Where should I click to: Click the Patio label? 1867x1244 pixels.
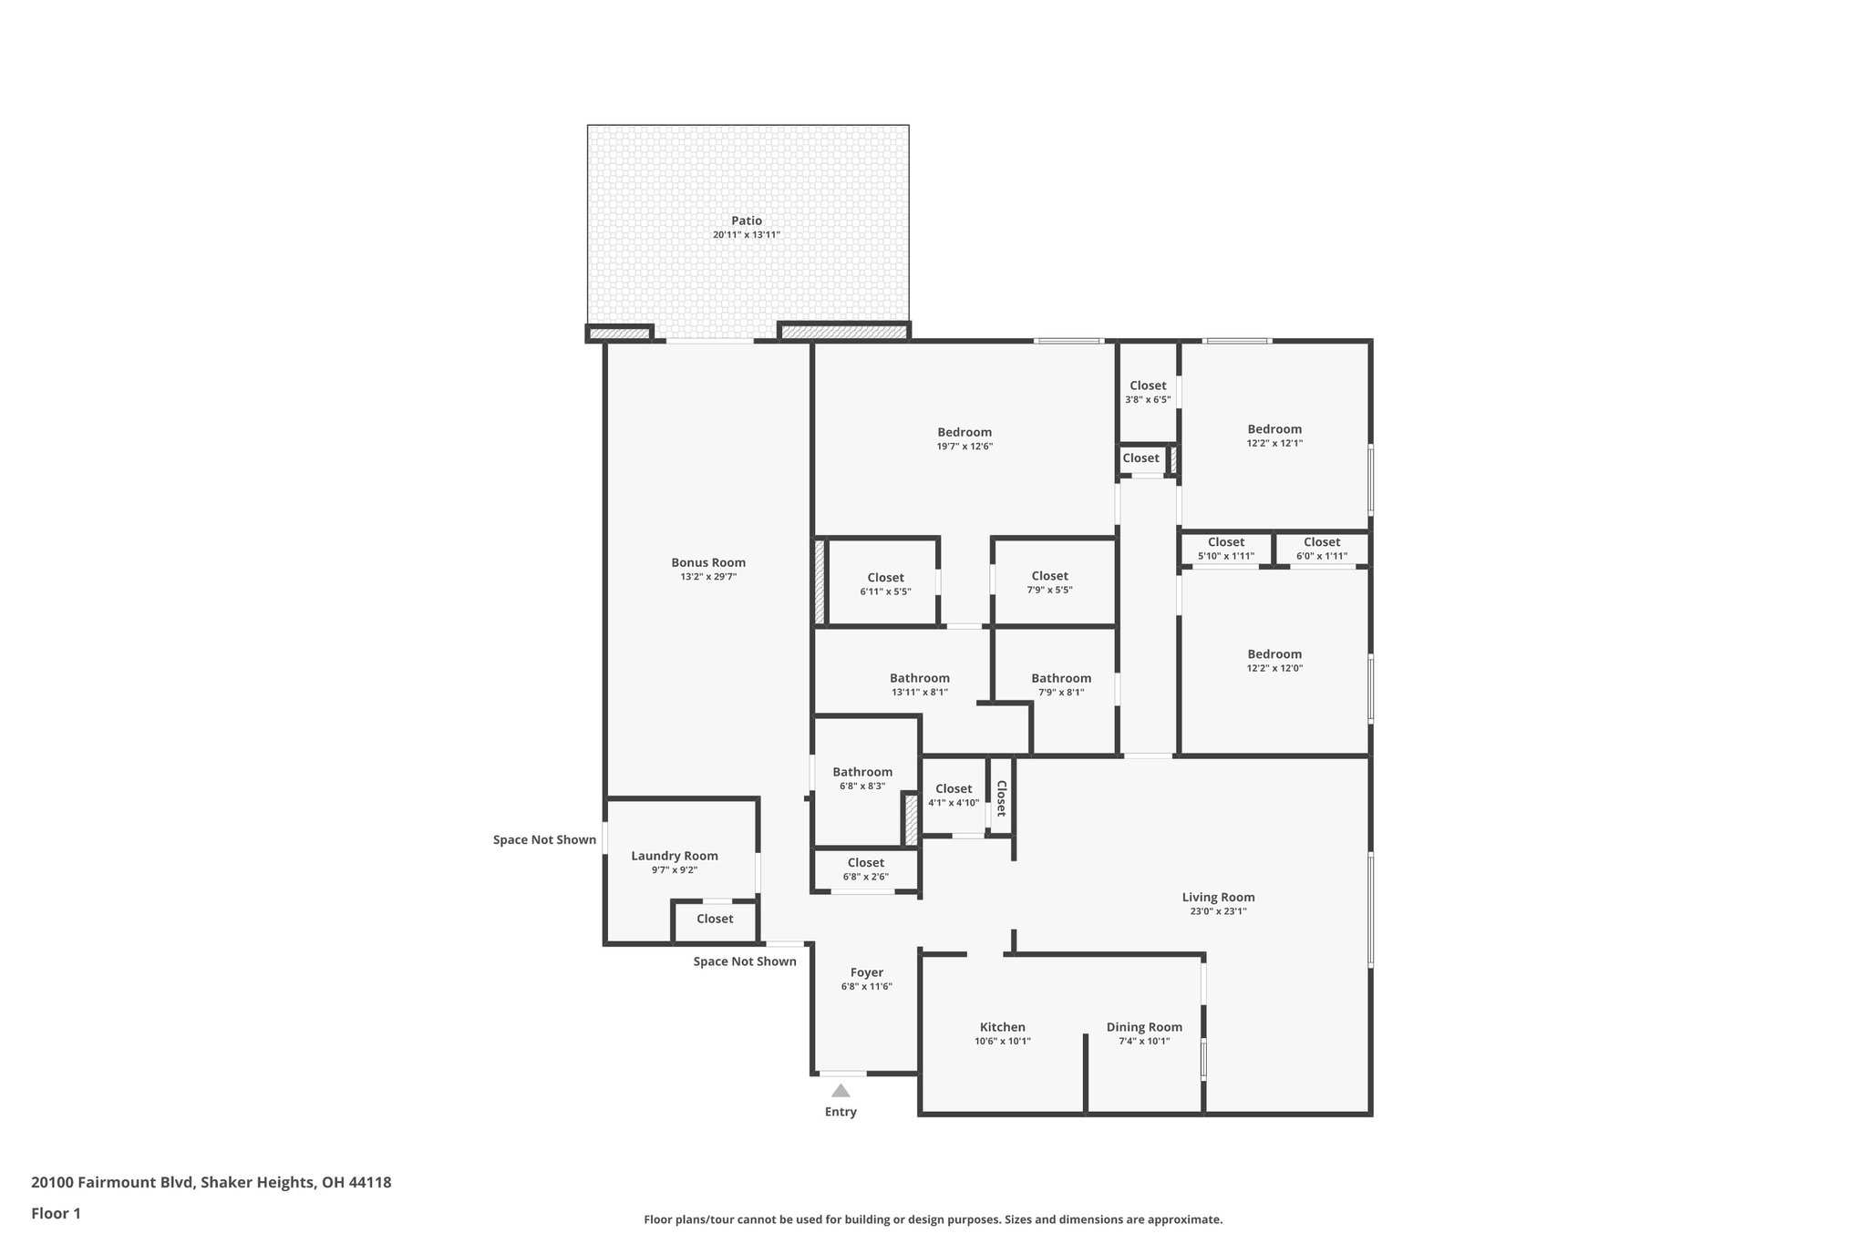coord(746,221)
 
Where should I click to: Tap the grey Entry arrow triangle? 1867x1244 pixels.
coord(841,1090)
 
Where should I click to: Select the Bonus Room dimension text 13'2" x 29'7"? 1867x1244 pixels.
coord(708,577)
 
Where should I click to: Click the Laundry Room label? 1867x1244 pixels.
coord(675,856)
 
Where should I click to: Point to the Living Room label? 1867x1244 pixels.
coord(1218,897)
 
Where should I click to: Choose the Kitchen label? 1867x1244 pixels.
coord(1002,1027)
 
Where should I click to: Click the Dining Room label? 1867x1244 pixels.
coord(1144,1027)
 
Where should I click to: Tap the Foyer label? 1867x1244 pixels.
coord(866,972)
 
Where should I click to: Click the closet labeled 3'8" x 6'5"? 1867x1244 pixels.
coord(1148,392)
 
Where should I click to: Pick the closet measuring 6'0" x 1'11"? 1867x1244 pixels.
coord(1321,549)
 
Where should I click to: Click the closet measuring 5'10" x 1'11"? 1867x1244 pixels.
coord(1225,549)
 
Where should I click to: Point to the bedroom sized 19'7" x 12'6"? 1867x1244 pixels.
coord(964,438)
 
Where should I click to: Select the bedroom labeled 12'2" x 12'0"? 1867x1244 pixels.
coord(1274,660)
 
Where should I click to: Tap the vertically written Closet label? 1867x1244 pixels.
coord(1001,798)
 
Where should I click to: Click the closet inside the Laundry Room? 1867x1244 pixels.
coord(715,919)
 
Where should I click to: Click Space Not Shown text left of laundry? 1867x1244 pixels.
coord(544,839)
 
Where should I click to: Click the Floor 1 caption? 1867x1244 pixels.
coord(56,1213)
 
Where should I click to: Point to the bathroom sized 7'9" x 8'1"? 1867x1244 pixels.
coord(1061,684)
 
